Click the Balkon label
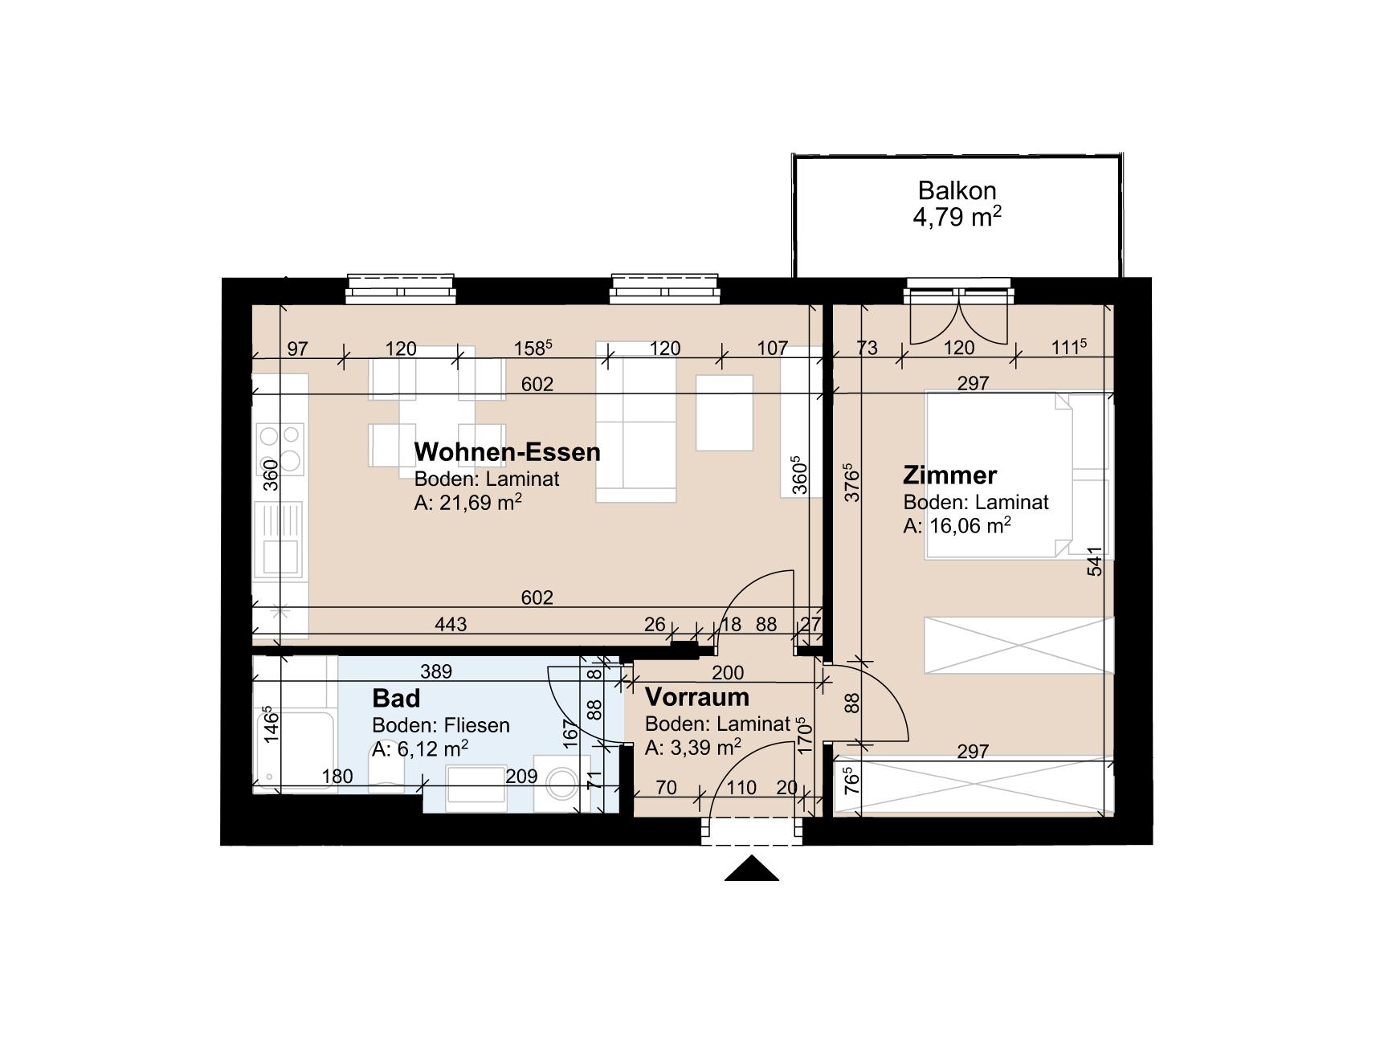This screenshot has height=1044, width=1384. tap(957, 190)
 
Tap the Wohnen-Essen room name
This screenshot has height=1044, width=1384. tap(507, 451)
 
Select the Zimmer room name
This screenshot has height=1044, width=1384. tap(949, 475)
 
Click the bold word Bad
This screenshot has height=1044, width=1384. tap(396, 697)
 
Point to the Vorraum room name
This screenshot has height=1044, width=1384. tap(696, 696)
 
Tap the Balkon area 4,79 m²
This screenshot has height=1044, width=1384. tap(957, 217)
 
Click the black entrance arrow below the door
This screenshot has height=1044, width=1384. tap(751, 870)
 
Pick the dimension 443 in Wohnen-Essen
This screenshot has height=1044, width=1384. tap(450, 624)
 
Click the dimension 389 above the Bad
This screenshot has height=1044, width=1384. tap(436, 671)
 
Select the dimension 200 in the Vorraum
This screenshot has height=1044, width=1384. tap(728, 672)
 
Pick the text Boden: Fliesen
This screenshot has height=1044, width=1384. tap(440, 725)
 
